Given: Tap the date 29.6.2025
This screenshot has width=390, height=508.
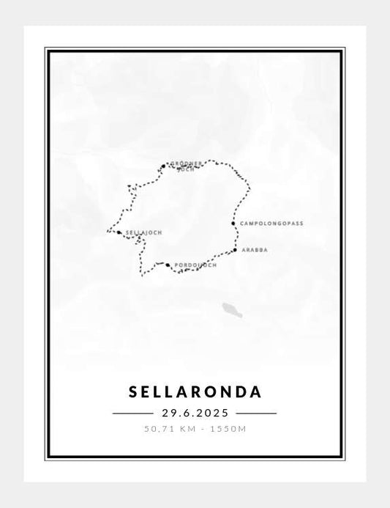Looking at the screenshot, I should (195, 413).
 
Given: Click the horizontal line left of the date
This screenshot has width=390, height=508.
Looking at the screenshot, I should (132, 413).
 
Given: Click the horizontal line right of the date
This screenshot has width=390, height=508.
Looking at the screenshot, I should (256, 413).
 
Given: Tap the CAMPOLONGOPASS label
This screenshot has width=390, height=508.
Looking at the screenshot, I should (271, 223).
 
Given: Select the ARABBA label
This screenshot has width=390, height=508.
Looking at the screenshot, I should (254, 250).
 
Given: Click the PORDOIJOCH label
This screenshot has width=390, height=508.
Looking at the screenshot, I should (195, 265).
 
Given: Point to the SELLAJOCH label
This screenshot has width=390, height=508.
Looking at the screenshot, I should (143, 232).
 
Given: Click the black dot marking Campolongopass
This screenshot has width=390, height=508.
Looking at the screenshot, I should (233, 223).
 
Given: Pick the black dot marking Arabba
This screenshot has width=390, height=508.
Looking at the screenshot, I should (235, 250).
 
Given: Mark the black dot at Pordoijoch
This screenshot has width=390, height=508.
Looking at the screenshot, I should (168, 265).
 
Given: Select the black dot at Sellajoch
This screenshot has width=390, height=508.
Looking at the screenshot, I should (119, 232).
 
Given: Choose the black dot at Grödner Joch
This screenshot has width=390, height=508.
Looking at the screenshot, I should (163, 166).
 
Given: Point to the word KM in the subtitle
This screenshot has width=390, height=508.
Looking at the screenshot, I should (189, 428).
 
